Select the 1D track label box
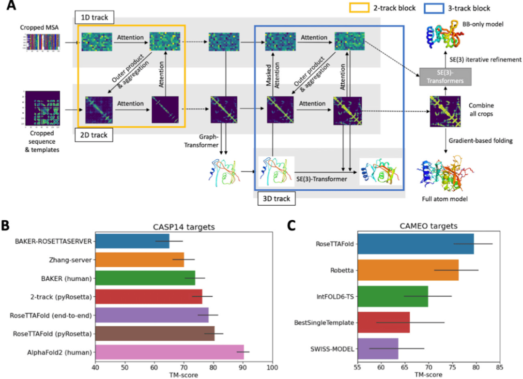click(x=93, y=18)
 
